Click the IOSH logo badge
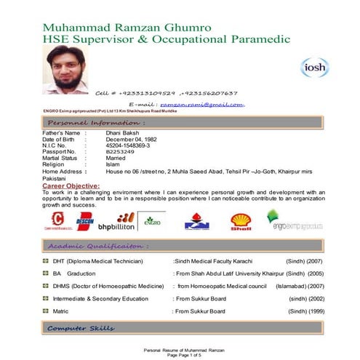click(x=315, y=67)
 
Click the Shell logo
click(x=241, y=220)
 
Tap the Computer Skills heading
click(x=81, y=329)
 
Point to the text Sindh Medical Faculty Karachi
click(x=217, y=260)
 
